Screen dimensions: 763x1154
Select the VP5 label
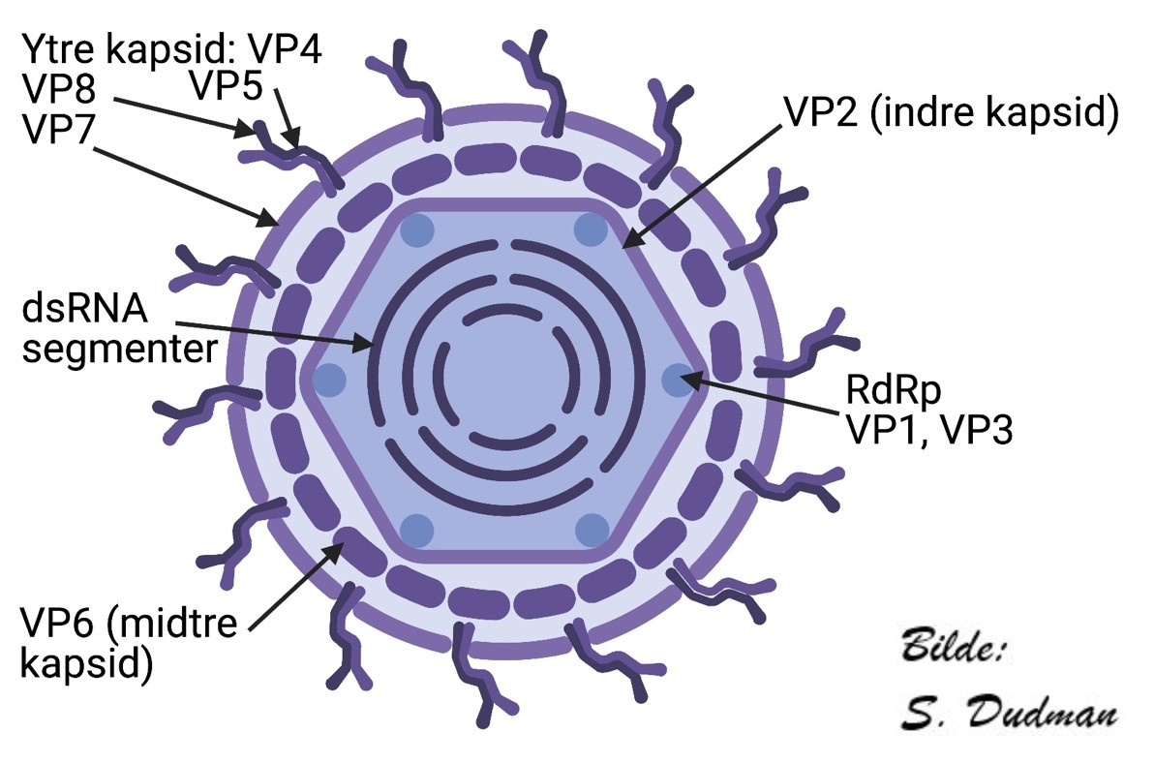coord(225,86)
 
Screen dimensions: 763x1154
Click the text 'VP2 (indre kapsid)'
coord(951,112)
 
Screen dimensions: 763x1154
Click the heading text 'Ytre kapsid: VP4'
coord(174,49)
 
